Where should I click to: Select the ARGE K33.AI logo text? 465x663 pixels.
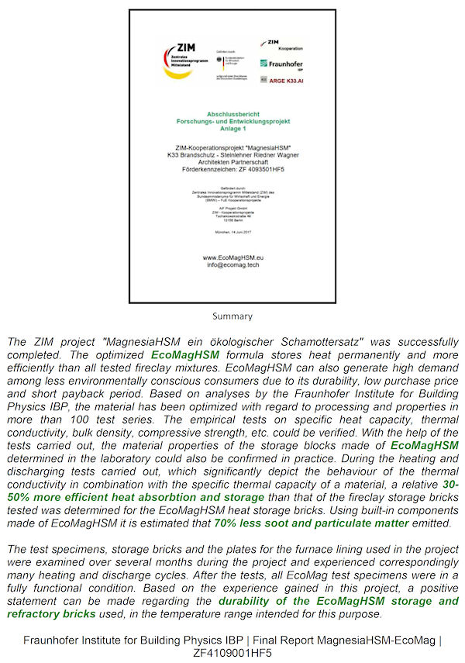point(286,79)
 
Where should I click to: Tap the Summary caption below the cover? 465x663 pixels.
point(232,316)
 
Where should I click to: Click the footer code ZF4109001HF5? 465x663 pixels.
point(232,653)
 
